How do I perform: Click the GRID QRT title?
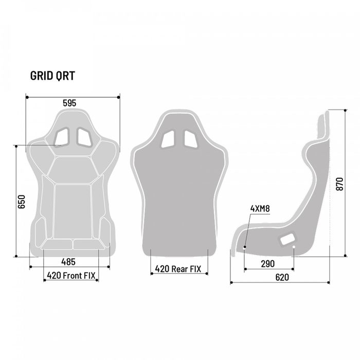(x=53, y=76)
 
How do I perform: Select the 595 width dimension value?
(x=69, y=103)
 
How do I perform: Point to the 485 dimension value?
(x=69, y=262)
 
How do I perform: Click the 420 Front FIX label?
(x=70, y=275)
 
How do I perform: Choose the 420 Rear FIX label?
(x=178, y=268)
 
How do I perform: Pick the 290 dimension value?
(x=267, y=263)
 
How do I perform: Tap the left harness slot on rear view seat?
(x=168, y=139)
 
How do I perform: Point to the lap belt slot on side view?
(x=287, y=238)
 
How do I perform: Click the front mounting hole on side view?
(x=245, y=247)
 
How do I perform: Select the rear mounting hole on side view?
(x=294, y=247)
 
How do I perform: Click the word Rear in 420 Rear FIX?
(x=179, y=268)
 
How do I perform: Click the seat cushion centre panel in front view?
(x=73, y=211)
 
